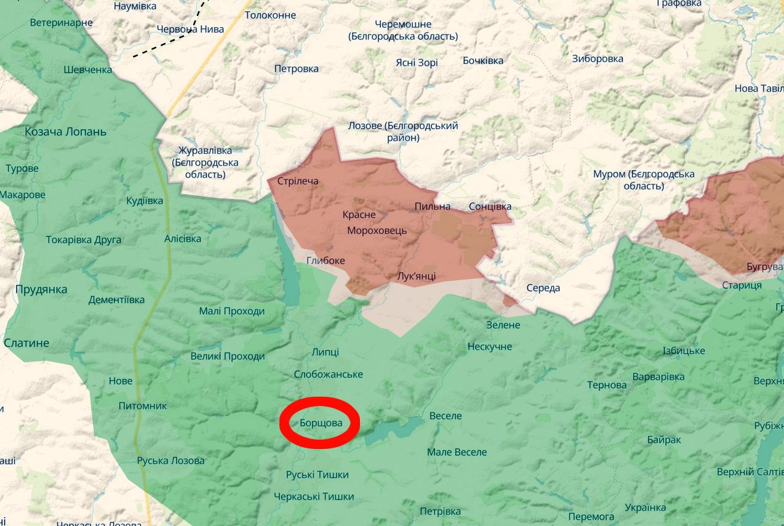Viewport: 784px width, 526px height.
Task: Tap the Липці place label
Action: point(325,352)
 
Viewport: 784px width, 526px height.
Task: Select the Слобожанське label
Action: point(328,374)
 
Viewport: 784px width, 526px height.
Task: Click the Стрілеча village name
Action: point(298,181)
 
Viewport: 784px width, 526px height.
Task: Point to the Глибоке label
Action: point(326,261)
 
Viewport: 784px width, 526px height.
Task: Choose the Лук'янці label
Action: point(417,276)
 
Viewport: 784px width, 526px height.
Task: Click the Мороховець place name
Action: point(377,230)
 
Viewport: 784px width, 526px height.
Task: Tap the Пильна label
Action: point(432,206)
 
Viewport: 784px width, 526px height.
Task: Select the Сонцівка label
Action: point(490,206)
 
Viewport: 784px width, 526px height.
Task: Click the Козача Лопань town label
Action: point(65,132)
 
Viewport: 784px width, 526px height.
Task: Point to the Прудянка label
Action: point(41,289)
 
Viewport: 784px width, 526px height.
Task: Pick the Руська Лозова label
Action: point(170,461)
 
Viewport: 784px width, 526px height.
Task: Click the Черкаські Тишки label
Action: point(314,496)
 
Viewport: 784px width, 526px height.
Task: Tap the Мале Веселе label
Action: point(457,452)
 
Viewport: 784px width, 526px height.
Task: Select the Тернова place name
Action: point(607,385)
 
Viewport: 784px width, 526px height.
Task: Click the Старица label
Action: point(742,285)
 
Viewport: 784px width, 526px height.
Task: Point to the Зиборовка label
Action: point(597,59)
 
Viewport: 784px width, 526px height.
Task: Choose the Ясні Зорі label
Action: point(417,63)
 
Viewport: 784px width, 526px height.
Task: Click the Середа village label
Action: point(543,288)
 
